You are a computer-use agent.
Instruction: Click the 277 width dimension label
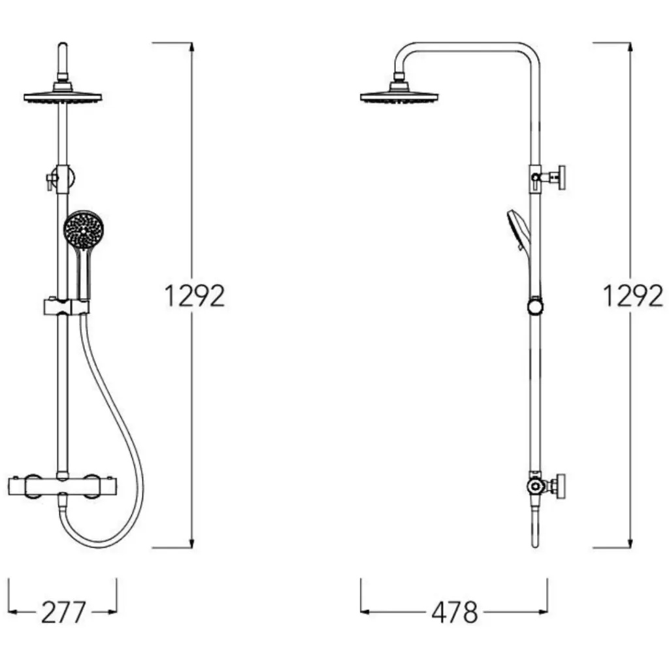tap(63, 612)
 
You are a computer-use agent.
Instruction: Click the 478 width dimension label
tap(455, 612)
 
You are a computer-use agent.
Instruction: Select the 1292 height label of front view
tap(194, 296)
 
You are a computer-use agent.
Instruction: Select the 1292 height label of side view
tap(632, 296)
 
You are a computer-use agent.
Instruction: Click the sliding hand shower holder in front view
tap(67, 307)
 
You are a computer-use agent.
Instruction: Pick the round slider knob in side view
tap(535, 307)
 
